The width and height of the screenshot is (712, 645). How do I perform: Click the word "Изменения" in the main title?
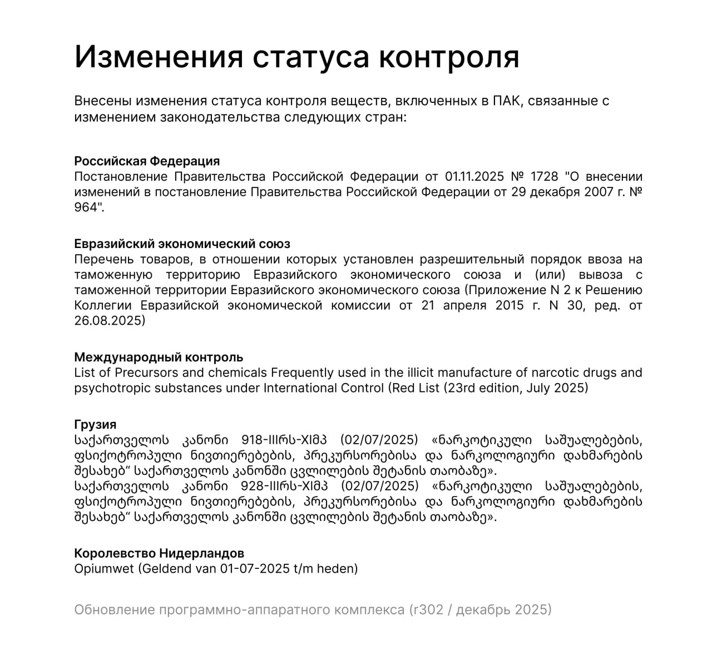coord(159,56)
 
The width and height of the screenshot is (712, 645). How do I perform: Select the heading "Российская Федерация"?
coord(147,161)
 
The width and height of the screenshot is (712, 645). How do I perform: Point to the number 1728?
coord(544,177)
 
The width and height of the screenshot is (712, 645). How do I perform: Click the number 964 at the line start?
coord(87,207)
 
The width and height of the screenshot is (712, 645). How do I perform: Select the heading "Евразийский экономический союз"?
coord(182,244)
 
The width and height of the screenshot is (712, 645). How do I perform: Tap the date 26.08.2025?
coord(110,321)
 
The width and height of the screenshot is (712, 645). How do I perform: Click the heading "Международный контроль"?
coord(159,357)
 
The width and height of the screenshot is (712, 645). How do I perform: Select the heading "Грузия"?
coord(95,425)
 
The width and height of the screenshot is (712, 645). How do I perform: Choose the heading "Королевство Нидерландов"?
coord(159,554)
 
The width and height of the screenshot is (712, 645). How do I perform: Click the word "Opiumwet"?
coord(104,569)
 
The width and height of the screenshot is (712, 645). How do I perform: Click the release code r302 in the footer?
coord(428,610)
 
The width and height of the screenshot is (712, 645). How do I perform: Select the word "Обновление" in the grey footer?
coord(114,610)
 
